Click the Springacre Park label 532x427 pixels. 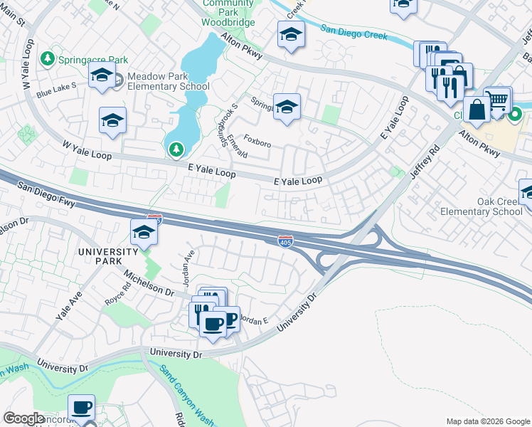pyautogui.click(x=93, y=60)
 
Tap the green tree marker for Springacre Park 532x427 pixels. pyautogui.click(x=48, y=58)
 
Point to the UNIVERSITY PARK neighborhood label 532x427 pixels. pyautogui.click(x=107, y=256)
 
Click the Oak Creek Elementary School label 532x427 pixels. pyautogui.click(x=491, y=206)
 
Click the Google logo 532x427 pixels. pyautogui.click(x=23, y=418)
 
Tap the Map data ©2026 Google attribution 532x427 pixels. pyautogui.click(x=487, y=421)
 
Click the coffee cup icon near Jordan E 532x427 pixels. pyautogui.click(x=212, y=325)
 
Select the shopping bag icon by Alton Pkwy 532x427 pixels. pyautogui.click(x=477, y=110)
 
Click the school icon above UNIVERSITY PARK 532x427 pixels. pyautogui.click(x=143, y=232)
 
